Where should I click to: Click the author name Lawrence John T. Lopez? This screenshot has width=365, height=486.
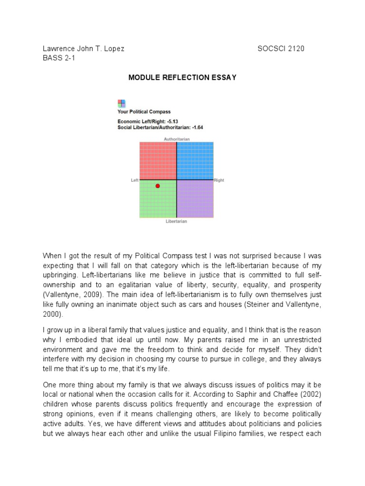pyautogui.click(x=84, y=48)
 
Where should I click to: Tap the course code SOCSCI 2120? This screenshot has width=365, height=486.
pyautogui.click(x=281, y=48)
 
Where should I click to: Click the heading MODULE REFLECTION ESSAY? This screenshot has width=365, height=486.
pyautogui.click(x=182, y=77)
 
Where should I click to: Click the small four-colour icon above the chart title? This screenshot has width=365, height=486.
pyautogui.click(x=121, y=103)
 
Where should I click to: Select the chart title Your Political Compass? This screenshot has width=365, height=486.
pyautogui.click(x=144, y=112)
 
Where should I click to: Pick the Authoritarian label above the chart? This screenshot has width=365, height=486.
pyautogui.click(x=177, y=139)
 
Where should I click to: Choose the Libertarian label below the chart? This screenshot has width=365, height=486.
pyautogui.click(x=176, y=222)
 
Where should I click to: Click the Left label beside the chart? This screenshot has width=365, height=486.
pyautogui.click(x=134, y=180)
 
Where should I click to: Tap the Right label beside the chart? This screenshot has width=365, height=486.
pyautogui.click(x=219, y=180)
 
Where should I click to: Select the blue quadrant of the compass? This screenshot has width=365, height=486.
pyautogui.click(x=195, y=160)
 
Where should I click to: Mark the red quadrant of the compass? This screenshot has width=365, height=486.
pyautogui.click(x=158, y=160)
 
